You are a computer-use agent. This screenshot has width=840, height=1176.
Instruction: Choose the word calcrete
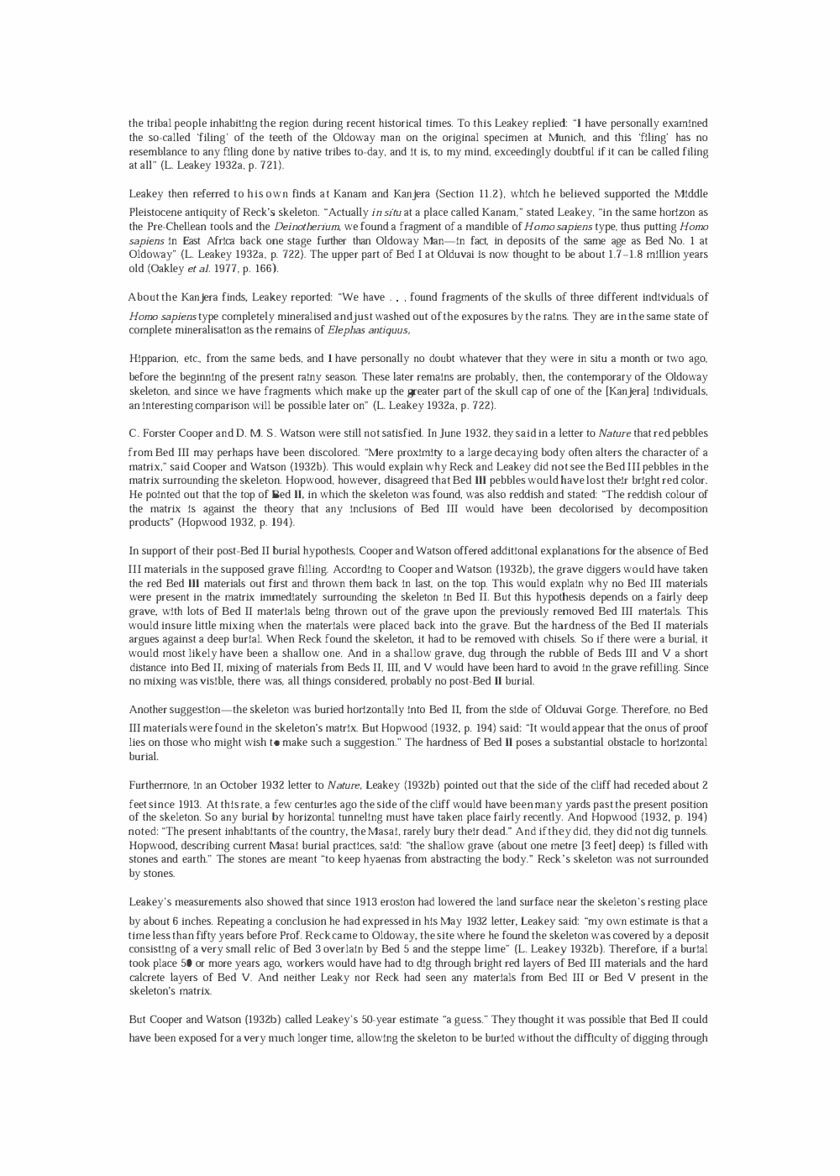click(x=148, y=978)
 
